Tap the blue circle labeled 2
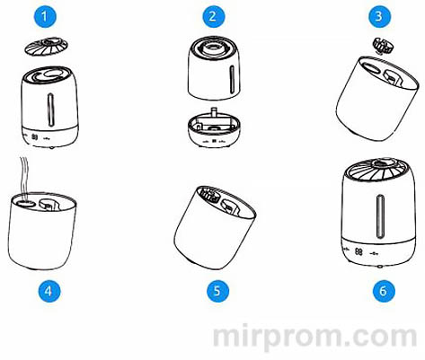tap(212, 16)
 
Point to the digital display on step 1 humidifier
tap(35, 137)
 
